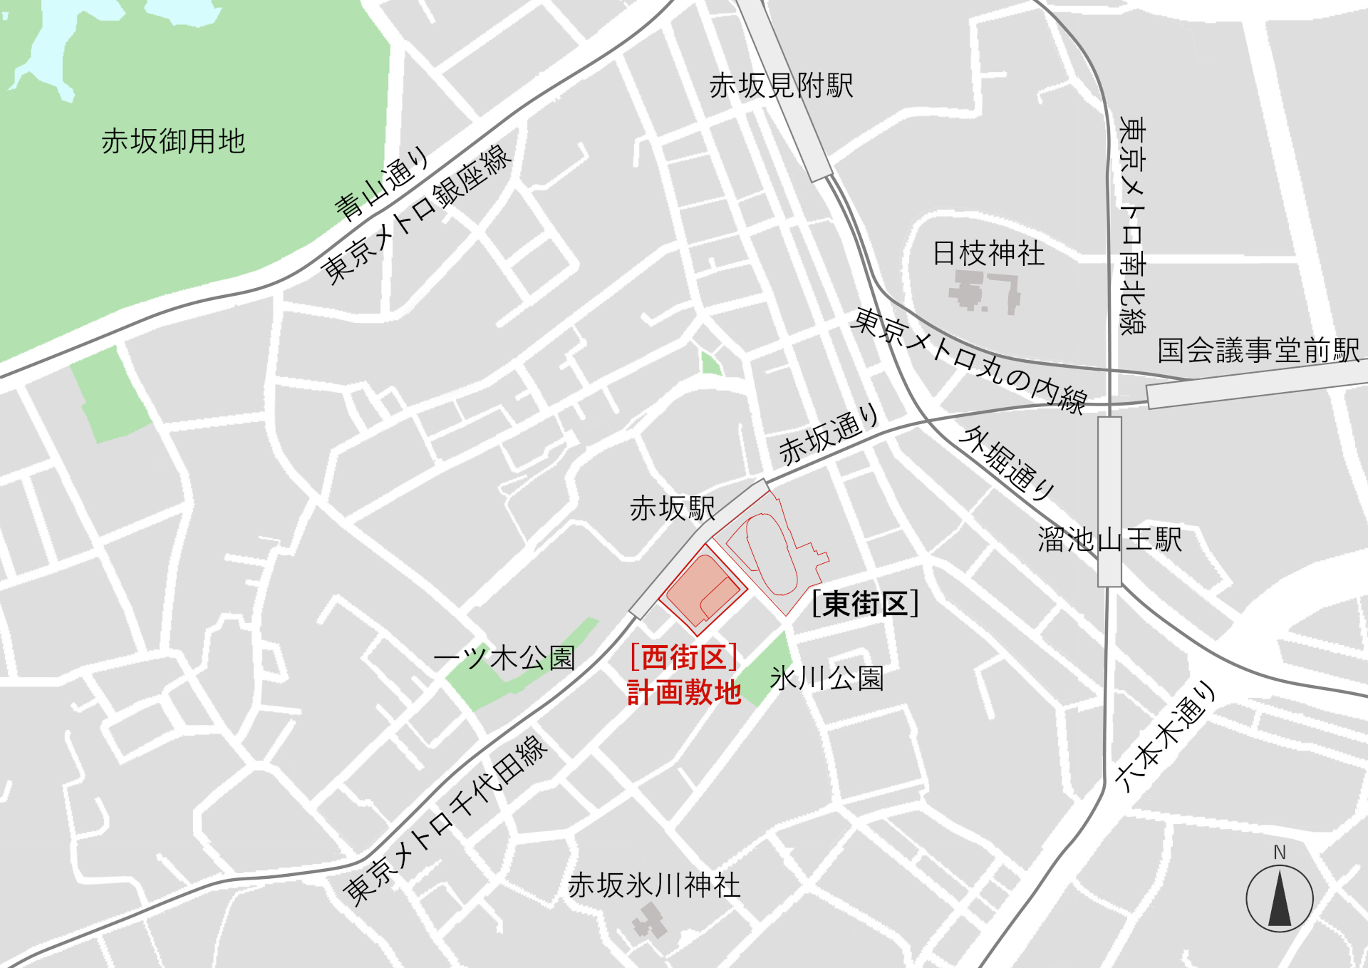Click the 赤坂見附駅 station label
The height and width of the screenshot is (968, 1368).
coord(781,86)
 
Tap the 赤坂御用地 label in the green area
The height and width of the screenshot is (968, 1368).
coord(173,141)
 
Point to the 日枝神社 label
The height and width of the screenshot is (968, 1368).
coord(988,254)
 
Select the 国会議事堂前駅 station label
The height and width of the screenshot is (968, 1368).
coord(1258,351)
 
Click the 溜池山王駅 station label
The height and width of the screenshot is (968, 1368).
coord(1109,540)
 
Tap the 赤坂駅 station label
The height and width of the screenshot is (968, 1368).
coord(672,509)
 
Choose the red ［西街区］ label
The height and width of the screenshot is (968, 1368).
coord(683,657)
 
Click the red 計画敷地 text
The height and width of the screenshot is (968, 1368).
coord(684,693)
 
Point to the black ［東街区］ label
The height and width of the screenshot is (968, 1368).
coord(865,604)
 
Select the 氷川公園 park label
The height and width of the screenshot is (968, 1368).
coord(826,679)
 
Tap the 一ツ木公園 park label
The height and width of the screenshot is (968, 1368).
coord(504,658)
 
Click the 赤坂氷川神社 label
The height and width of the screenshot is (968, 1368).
coord(654,885)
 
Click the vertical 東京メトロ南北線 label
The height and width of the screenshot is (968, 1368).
coord(1131,225)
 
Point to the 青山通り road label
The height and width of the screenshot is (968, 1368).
coord(383,183)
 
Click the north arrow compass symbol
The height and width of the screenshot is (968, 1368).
coord(1280,898)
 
